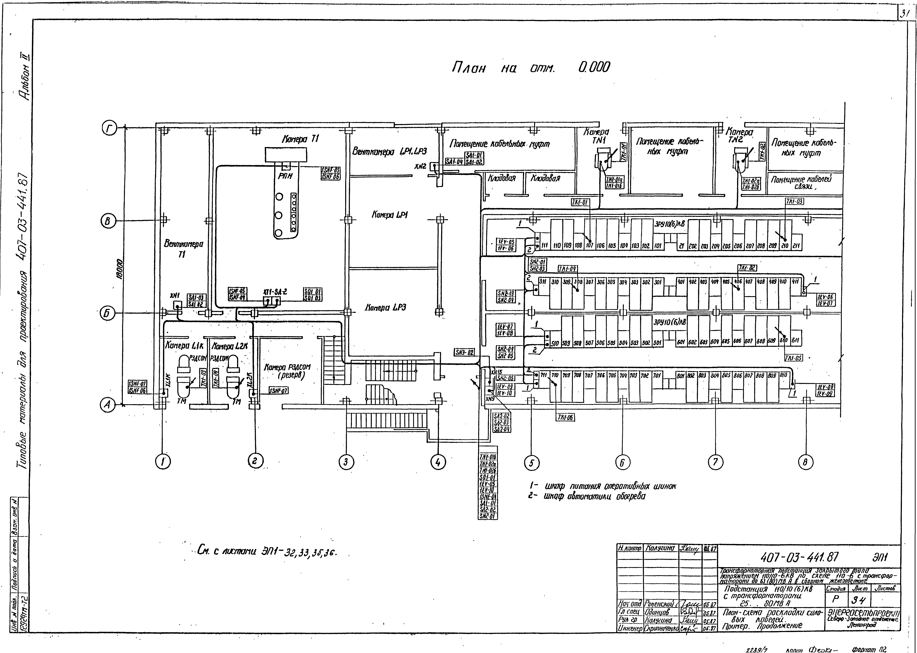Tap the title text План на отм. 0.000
(531, 68)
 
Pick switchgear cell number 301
(658, 282)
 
